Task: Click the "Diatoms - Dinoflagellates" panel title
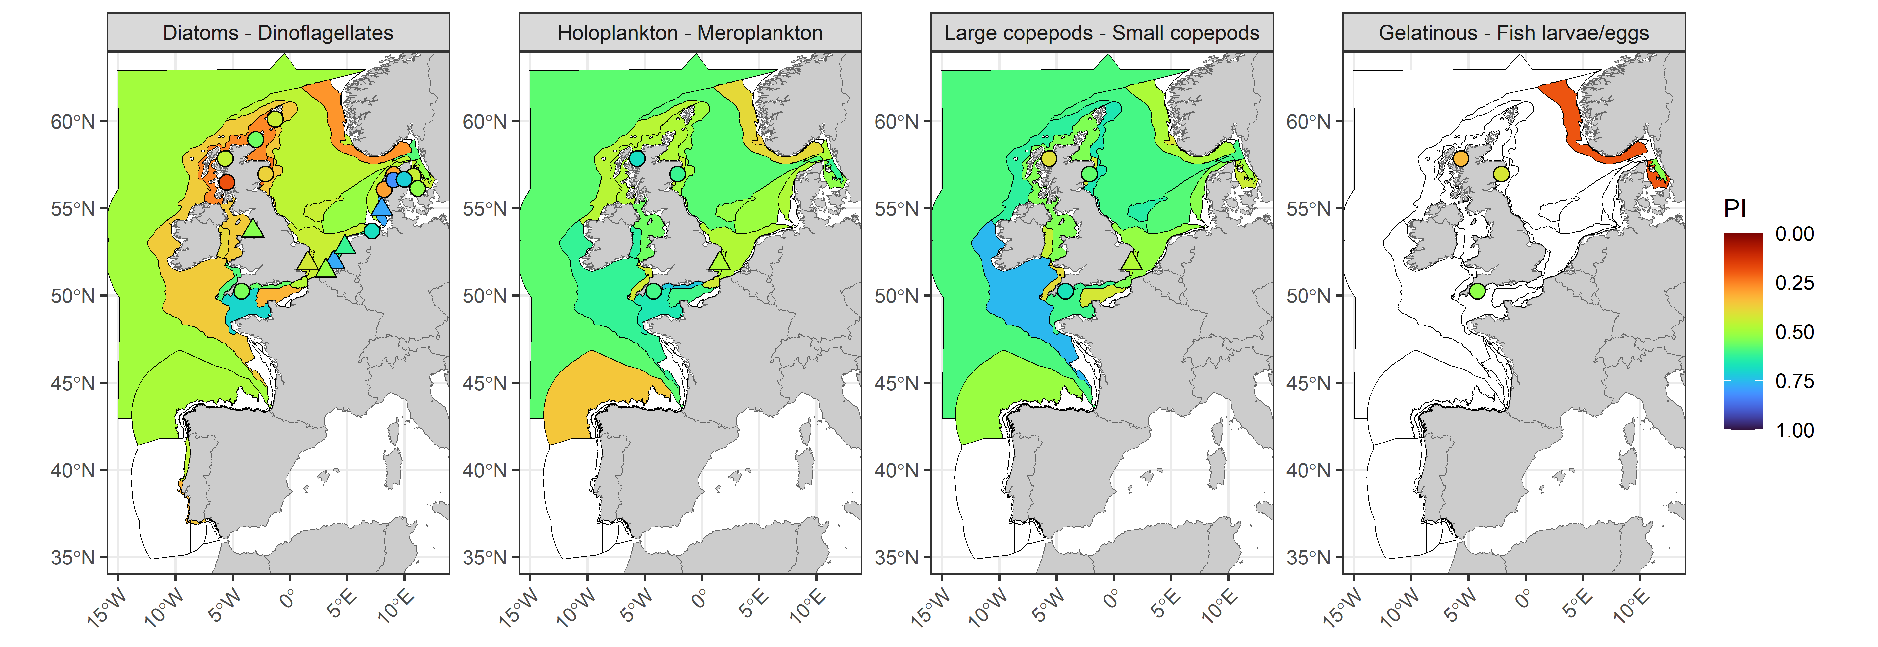278,33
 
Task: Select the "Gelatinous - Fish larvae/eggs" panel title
1513,33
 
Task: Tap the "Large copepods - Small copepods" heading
1102,33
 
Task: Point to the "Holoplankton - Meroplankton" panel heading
690,33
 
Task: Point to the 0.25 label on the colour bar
1794,283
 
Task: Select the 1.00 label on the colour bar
1794,430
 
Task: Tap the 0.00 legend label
1794,234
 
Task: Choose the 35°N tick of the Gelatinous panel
1308,557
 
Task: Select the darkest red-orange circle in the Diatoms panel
227,181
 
